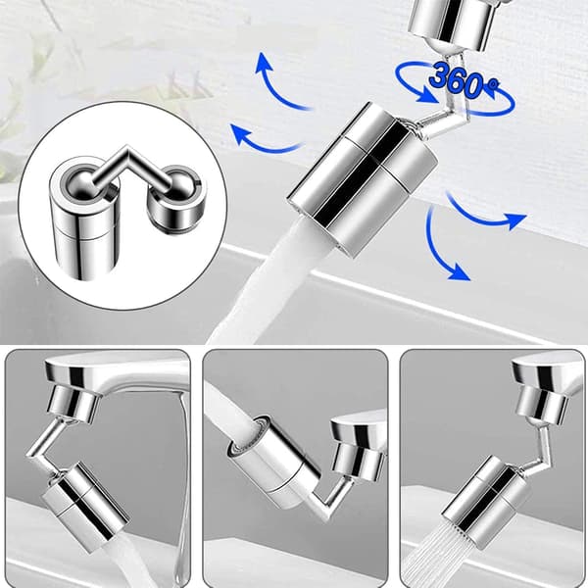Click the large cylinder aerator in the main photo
pyautogui.click(x=363, y=179)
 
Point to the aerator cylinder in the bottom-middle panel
pyautogui.click(x=273, y=459)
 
